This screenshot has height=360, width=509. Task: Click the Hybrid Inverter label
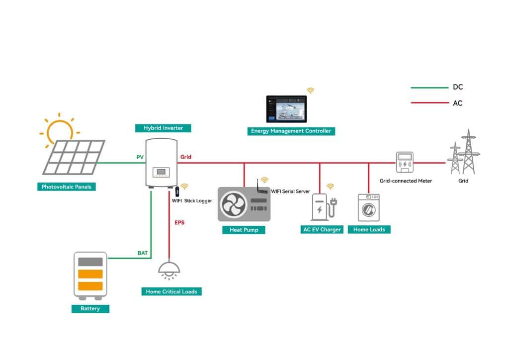coord(163,128)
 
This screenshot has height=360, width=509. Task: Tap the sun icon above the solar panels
coord(59,130)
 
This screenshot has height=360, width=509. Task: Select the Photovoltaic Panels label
coord(67,187)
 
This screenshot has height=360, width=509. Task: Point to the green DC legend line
coord(429,88)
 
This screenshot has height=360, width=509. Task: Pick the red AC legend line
coord(429,103)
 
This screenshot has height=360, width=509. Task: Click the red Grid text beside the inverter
coord(185,157)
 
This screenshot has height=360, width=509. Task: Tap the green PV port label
coord(140,157)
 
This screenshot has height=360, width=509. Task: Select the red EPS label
coord(179,223)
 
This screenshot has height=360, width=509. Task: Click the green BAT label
coord(143,253)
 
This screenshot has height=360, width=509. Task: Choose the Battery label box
coord(90,309)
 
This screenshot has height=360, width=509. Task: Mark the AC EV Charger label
coord(322,230)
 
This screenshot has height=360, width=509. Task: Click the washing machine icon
coord(368,207)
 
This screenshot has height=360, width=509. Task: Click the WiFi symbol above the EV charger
coord(330,186)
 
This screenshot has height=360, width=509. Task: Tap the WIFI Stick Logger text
coord(192,201)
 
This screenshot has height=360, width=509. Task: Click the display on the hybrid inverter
coord(161,173)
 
